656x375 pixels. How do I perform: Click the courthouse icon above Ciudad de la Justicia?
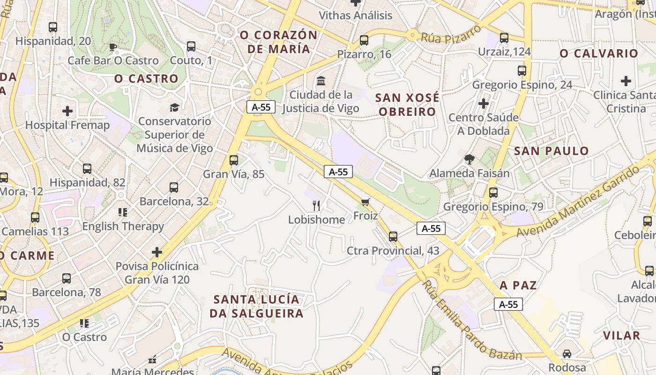click(321, 81)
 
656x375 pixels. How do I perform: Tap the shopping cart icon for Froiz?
click(365, 202)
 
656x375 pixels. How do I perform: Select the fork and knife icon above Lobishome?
click(316, 205)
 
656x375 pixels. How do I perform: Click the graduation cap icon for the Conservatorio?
click(175, 108)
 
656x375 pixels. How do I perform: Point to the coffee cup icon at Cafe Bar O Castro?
click(112, 46)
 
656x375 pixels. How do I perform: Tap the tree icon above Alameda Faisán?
click(469, 159)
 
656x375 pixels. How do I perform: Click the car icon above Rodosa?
click(567, 354)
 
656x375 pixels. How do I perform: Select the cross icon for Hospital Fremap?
click(67, 111)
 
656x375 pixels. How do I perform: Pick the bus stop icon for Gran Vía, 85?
click(234, 160)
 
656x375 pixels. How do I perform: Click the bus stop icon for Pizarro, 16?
click(364, 40)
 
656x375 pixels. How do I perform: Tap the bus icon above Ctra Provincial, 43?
click(393, 237)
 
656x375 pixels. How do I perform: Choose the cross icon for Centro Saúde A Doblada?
click(484, 103)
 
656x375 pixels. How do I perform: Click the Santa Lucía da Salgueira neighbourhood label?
click(256, 306)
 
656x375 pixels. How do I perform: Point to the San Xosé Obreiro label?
click(407, 105)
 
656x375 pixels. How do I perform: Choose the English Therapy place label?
click(123, 226)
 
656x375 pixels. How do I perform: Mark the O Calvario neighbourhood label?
click(599, 53)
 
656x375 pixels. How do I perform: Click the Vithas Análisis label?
click(356, 15)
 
